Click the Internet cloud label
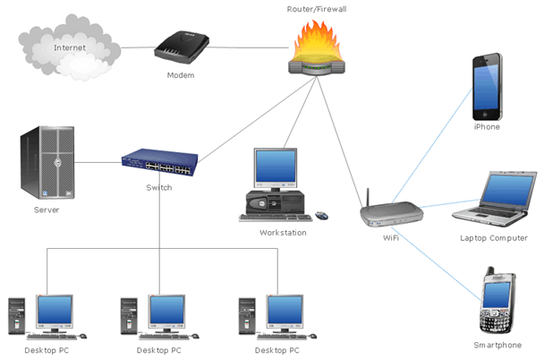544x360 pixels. pyautogui.click(x=70, y=47)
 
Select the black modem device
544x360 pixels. pyautogui.click(x=182, y=47)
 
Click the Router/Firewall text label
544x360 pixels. pyautogui.click(x=317, y=9)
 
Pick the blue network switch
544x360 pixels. pyautogui.click(x=159, y=162)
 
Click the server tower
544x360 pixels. pyautogui.click(x=47, y=162)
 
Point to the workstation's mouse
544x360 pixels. pyautogui.click(x=321, y=216)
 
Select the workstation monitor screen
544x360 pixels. pyautogui.click(x=276, y=167)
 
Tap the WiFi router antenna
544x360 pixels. pyautogui.click(x=368, y=198)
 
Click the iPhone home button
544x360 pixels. pyautogui.click(x=485, y=115)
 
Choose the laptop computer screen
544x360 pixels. pyautogui.click(x=507, y=190)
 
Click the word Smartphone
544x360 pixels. pyautogui.click(x=497, y=345)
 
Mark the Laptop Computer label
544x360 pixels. pyautogui.click(x=494, y=238)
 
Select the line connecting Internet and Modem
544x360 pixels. pyautogui.click(x=139, y=47)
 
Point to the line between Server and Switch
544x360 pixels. pyautogui.click(x=98, y=162)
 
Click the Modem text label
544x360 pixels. pyautogui.click(x=181, y=75)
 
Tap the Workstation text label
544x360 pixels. pyautogui.click(x=283, y=233)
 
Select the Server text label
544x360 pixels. pyautogui.click(x=47, y=210)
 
